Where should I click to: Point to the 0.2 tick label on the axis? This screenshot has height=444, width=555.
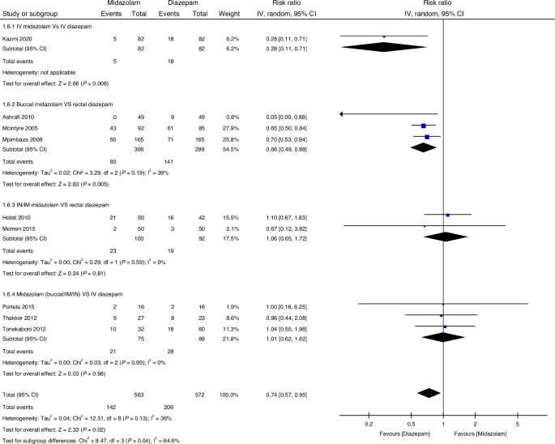click(x=368, y=423)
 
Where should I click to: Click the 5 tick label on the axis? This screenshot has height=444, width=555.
click(x=518, y=423)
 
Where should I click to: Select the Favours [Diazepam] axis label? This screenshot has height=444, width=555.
click(x=387, y=433)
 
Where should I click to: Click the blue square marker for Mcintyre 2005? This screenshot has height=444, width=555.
click(x=423, y=126)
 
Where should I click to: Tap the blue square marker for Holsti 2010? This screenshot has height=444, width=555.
click(x=448, y=215)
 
